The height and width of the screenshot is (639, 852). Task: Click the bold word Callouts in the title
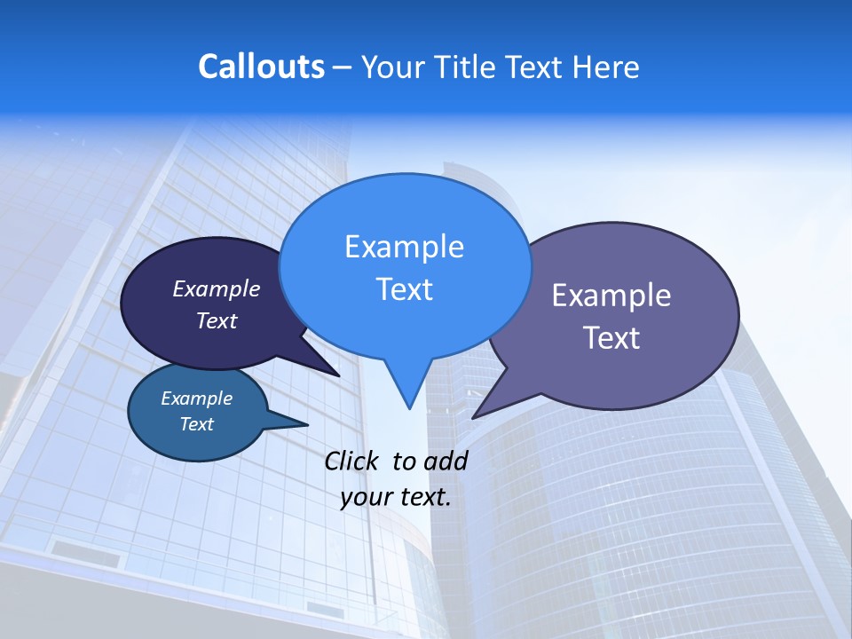tap(261, 67)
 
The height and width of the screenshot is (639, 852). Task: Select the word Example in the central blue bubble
tap(404, 247)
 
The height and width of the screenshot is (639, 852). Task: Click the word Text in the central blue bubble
tap(404, 289)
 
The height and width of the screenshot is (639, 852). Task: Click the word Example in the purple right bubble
tap(611, 296)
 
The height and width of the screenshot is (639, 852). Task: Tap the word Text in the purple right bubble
tap(611, 338)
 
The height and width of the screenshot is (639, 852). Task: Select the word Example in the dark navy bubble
tap(217, 288)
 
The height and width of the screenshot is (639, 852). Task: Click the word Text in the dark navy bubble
tap(217, 320)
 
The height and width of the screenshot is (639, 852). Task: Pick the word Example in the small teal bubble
tap(196, 398)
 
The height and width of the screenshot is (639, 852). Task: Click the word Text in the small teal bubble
tap(196, 424)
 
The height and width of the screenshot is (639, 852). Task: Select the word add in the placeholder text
tap(446, 461)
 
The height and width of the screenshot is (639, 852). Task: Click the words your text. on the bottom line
tap(396, 497)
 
